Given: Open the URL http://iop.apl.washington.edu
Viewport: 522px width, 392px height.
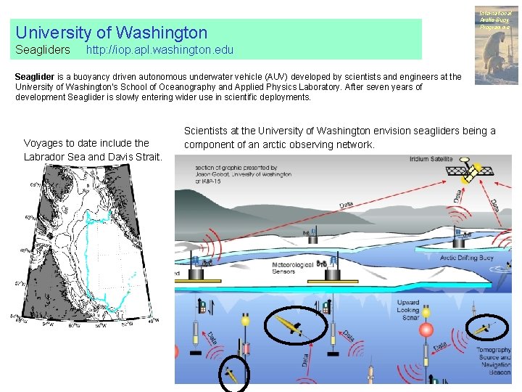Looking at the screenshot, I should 159,50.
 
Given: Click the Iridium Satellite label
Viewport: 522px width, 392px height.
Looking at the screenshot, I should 431,159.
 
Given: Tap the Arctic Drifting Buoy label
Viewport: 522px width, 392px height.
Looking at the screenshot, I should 468,257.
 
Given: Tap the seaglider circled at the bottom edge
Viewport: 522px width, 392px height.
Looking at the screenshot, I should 231,375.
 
